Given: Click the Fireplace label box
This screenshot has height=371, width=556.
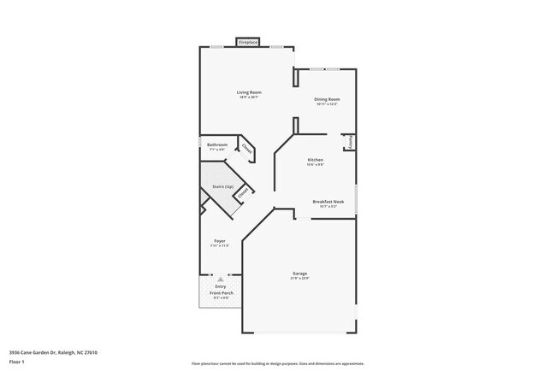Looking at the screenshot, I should tap(248, 42).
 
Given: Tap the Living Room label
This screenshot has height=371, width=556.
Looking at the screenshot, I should tap(249, 92).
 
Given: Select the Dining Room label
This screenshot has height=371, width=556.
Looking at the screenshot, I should tap(327, 99).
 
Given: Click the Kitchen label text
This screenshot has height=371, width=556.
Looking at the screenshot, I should tap(315, 160).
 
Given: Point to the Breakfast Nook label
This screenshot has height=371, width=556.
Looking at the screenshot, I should tap(327, 202).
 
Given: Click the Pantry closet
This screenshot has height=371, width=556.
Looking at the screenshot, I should tap(349, 143).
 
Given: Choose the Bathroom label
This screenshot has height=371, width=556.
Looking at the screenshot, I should tap(217, 144).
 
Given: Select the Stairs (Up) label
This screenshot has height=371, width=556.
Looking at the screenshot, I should tap(222, 185).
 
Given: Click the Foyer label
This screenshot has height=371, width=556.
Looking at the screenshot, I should tap(220, 242).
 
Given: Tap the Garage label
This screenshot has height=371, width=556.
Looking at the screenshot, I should tap(299, 274).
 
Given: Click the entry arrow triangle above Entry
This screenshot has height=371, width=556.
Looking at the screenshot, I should tap(221, 279).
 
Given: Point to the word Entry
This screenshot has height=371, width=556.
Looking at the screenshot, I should tap(221, 286).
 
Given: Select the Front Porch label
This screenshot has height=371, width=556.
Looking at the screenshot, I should tap(222, 293).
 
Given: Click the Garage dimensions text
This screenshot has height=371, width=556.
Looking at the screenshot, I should tap(299, 279).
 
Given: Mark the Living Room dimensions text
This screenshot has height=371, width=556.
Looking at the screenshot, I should tap(249, 97).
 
